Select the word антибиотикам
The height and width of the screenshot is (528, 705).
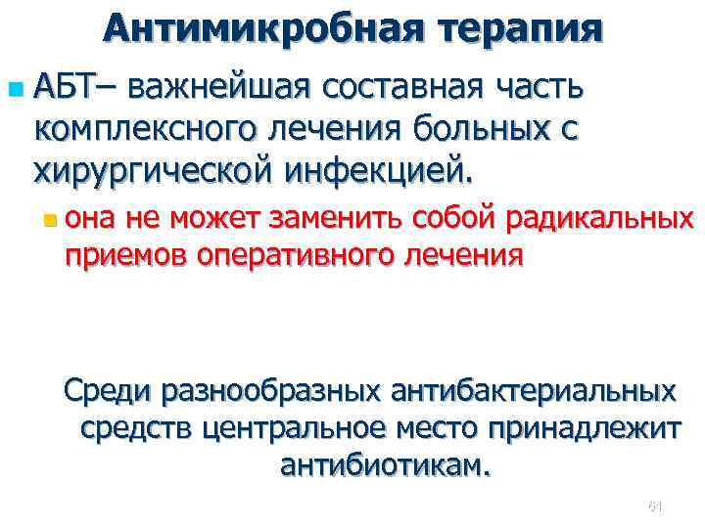pyautogui.click(x=382, y=463)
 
